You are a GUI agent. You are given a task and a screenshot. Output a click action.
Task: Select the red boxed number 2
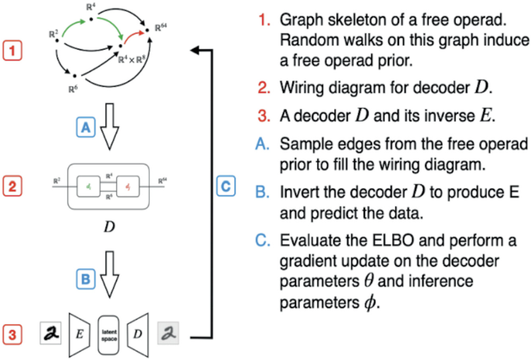(x=15, y=185)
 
